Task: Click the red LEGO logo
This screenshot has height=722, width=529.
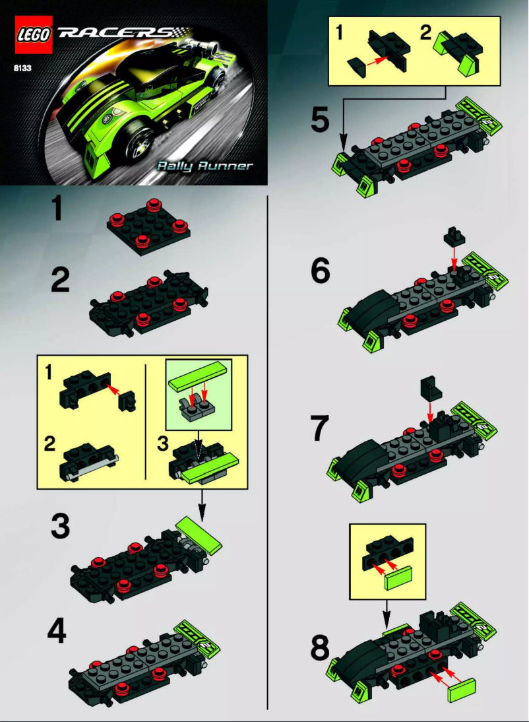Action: [x=33, y=36]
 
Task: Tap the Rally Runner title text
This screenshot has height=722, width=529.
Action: [x=204, y=165]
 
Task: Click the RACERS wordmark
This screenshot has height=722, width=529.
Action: [x=116, y=33]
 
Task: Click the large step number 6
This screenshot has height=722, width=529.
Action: [x=320, y=271]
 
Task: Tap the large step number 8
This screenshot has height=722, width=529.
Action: [x=321, y=647]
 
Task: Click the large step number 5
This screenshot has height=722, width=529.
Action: [x=320, y=120]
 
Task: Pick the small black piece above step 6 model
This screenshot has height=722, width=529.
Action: [x=453, y=234]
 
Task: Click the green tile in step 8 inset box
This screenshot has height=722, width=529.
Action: [x=396, y=579]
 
